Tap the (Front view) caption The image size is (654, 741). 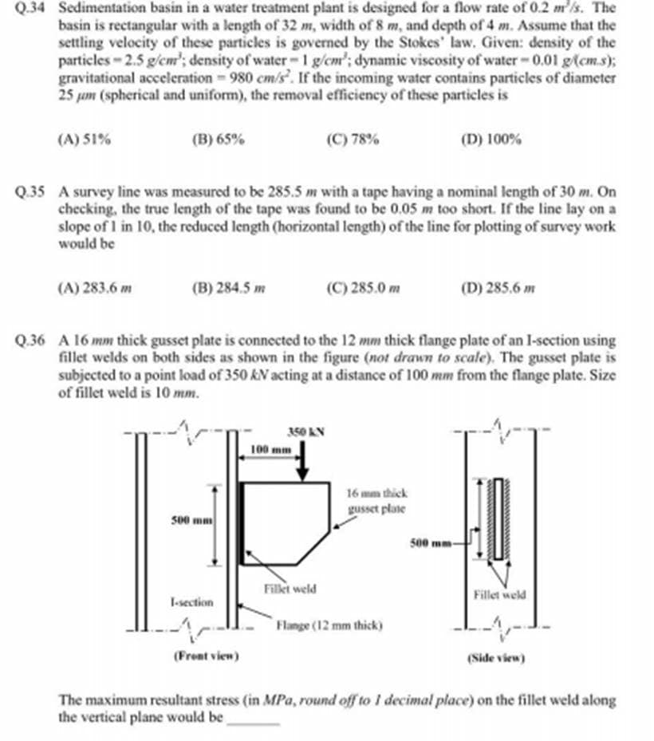point(207,656)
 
